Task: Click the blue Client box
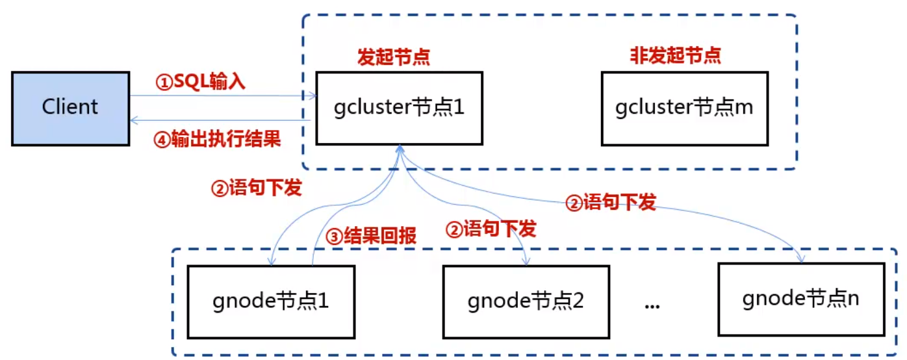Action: tap(70, 107)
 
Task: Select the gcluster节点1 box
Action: tap(399, 108)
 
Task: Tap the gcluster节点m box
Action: tap(684, 108)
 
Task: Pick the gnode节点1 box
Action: tap(270, 301)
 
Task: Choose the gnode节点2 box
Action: tap(526, 301)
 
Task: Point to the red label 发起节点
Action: tap(394, 57)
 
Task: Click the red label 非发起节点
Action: tap(675, 56)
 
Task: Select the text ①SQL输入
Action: tap(201, 82)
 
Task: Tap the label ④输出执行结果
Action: tap(216, 139)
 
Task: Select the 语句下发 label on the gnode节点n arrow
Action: tap(610, 203)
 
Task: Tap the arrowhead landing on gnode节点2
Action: tap(525, 261)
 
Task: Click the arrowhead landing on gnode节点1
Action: tap(271, 261)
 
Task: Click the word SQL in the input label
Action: tap(190, 82)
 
